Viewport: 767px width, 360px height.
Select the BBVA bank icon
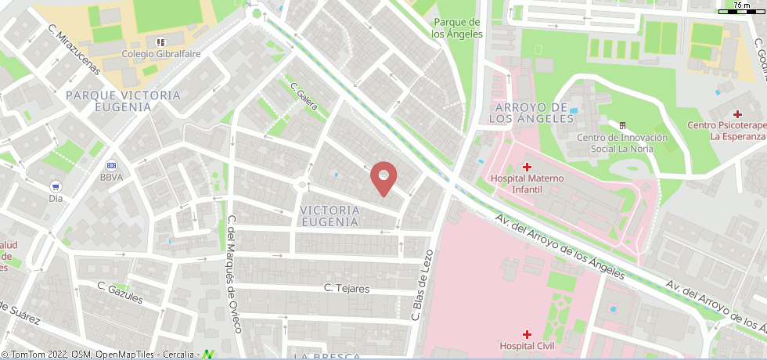(x=111, y=165)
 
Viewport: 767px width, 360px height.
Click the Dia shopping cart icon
(x=56, y=186)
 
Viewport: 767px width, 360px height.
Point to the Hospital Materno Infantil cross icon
(x=527, y=167)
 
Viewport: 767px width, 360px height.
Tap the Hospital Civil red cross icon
(x=527, y=333)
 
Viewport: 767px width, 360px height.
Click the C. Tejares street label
(x=347, y=288)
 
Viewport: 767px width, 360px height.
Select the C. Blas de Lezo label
(x=423, y=286)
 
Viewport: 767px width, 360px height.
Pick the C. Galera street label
(x=304, y=96)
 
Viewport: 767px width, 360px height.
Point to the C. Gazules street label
(x=121, y=292)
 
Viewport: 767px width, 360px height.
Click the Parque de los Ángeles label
(x=458, y=28)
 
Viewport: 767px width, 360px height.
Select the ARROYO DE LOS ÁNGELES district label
(x=528, y=113)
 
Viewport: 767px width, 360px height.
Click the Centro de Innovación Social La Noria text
(x=622, y=143)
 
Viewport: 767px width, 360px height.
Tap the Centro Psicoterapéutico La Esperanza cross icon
(x=736, y=113)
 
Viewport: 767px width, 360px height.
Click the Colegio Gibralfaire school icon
(x=160, y=41)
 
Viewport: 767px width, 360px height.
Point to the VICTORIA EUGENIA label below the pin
(x=329, y=216)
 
